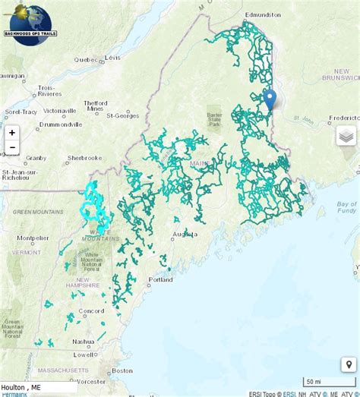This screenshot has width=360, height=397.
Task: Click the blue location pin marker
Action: pos(270,100)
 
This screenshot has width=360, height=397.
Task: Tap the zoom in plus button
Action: pos(11,132)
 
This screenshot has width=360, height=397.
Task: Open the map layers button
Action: pos(346,136)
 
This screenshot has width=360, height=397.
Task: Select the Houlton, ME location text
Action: pos(21,386)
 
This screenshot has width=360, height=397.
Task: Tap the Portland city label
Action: pos(160,279)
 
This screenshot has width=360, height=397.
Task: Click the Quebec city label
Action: pos(85,59)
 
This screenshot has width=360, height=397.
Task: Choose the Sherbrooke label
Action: pos(84,158)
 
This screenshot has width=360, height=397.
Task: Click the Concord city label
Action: pos(91,310)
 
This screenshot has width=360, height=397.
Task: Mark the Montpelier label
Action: pos(33,238)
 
